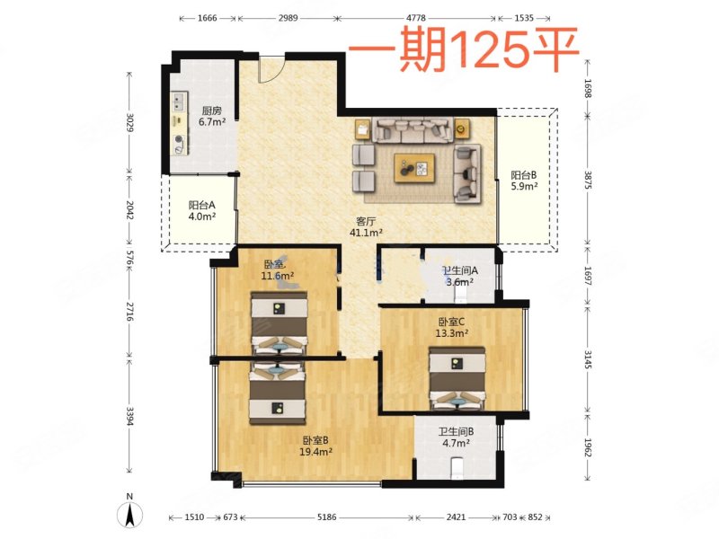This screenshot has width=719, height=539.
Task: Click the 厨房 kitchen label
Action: [210, 110]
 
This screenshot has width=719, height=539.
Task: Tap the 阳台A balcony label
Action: [201, 204]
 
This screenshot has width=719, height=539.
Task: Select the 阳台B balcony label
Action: [524, 175]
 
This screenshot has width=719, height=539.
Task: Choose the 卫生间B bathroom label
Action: [457, 431]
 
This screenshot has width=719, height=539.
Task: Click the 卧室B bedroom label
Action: [315, 440]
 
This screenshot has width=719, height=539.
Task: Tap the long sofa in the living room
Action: [414, 130]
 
